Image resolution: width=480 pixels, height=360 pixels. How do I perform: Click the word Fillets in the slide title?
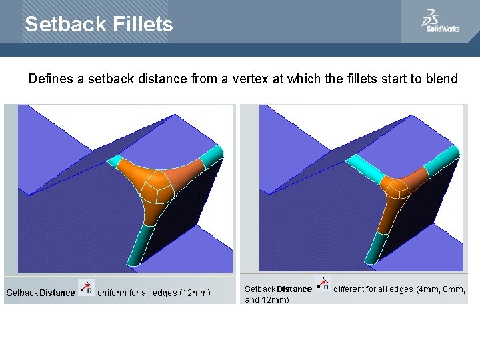tap(141, 25)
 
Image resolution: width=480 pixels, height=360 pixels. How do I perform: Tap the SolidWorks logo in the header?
tap(439, 22)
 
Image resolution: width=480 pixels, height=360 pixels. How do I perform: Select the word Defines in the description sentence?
tap(51, 79)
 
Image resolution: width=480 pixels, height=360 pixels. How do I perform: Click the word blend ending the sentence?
tap(443, 79)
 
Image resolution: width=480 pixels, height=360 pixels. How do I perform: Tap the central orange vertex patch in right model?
tap(398, 188)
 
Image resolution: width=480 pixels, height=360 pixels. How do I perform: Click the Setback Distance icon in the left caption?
tap(87, 287)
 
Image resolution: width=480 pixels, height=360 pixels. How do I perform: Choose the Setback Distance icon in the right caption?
tap(323, 284)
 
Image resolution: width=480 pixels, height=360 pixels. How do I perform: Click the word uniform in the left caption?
tap(115, 293)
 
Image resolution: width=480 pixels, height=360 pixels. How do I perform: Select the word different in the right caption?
tap(351, 289)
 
